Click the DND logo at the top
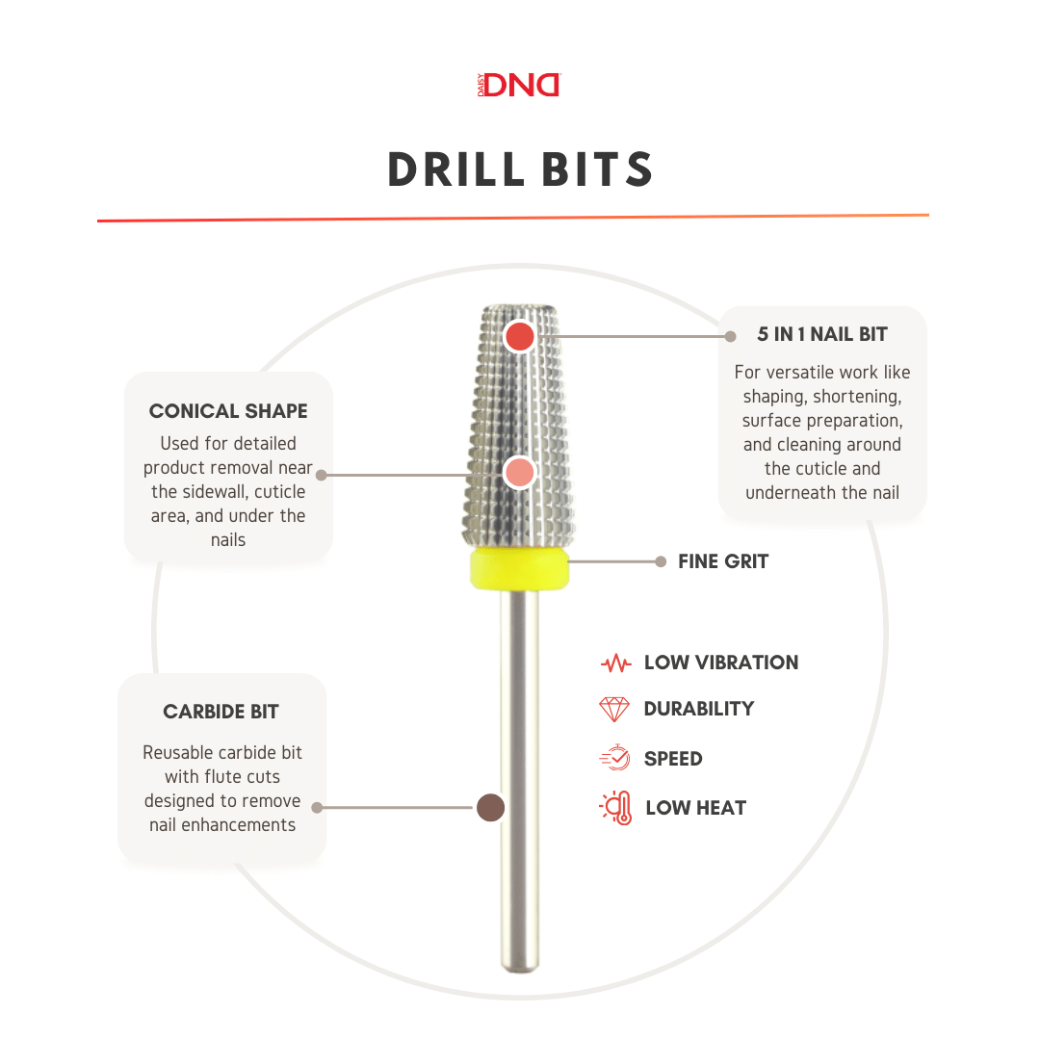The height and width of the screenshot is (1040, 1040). [x=519, y=85]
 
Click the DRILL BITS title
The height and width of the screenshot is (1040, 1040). [x=520, y=169]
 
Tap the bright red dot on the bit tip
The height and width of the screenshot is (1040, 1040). [x=519, y=336]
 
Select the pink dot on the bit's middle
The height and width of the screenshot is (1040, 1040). [x=519, y=473]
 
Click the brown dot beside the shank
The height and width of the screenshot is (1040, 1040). [x=491, y=807]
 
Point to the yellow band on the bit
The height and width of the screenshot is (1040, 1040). [x=519, y=568]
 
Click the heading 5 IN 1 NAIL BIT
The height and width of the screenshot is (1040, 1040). [x=822, y=334]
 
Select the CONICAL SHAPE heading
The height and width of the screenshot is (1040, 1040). [x=228, y=411]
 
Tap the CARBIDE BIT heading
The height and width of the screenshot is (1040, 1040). [x=221, y=712]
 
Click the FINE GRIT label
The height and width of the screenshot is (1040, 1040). [x=723, y=561]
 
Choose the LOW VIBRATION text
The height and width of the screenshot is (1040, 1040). [x=721, y=663]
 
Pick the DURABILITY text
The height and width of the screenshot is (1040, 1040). [x=698, y=709]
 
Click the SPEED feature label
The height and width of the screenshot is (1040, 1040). [x=673, y=759]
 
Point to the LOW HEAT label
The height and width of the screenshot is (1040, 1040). [x=696, y=808]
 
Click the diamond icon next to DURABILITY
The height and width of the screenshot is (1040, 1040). [x=614, y=709]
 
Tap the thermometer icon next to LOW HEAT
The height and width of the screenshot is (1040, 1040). [x=615, y=808]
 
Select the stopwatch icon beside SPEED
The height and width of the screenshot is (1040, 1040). [x=614, y=758]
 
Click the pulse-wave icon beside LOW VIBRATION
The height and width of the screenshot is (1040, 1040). [x=615, y=663]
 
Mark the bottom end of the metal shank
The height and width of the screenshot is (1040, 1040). [x=520, y=971]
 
